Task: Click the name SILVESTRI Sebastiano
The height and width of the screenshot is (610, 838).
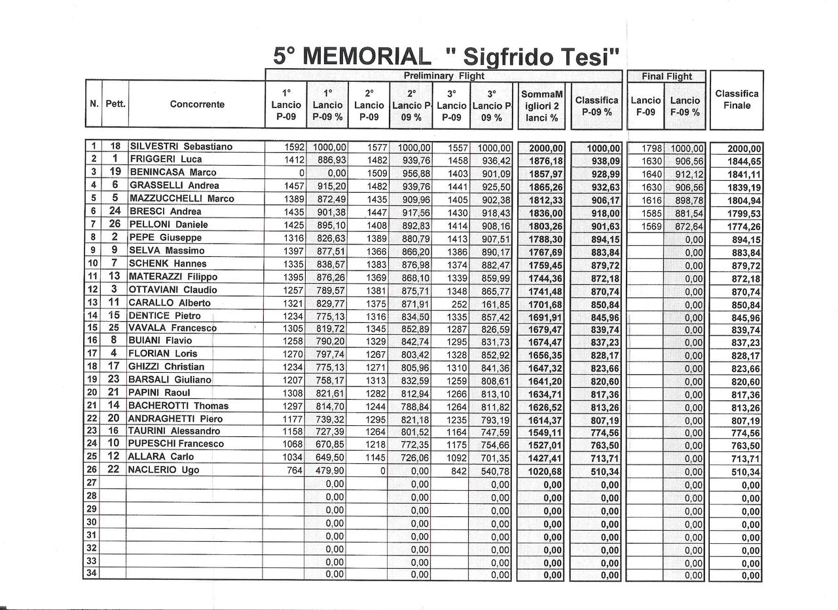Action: click(x=181, y=147)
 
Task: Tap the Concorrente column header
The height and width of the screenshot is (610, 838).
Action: click(x=196, y=104)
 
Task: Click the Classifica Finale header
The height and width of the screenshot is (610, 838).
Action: click(x=737, y=100)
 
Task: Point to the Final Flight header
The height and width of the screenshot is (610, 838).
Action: click(x=666, y=76)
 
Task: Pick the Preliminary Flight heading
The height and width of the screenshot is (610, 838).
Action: click(x=444, y=76)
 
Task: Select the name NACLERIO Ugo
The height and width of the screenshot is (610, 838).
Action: click(x=164, y=470)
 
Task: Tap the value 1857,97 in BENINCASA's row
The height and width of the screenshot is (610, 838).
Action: click(x=546, y=174)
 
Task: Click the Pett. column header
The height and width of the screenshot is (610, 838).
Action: click(x=115, y=104)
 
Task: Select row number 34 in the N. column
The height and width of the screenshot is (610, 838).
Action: click(x=92, y=575)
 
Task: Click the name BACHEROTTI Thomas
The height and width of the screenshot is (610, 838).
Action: click(x=178, y=406)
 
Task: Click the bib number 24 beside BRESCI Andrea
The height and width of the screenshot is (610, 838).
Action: click(x=115, y=212)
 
